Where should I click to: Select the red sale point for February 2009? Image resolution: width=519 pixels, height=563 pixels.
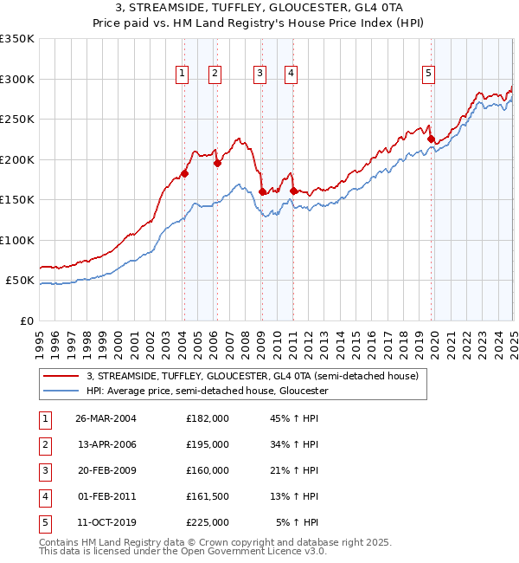(262, 192)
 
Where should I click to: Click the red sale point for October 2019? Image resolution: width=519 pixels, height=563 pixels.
(431, 139)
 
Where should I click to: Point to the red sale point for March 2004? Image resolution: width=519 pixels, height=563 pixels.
(184, 174)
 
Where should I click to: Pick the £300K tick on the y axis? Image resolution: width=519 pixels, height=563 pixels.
(17, 79)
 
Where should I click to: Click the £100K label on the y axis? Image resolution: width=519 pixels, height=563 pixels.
(17, 240)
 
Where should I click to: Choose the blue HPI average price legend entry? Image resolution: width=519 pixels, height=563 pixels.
(207, 391)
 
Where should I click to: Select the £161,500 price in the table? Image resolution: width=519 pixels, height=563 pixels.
(207, 496)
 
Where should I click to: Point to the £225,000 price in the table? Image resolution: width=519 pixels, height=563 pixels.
(207, 522)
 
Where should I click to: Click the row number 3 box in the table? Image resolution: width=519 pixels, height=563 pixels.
(43, 470)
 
